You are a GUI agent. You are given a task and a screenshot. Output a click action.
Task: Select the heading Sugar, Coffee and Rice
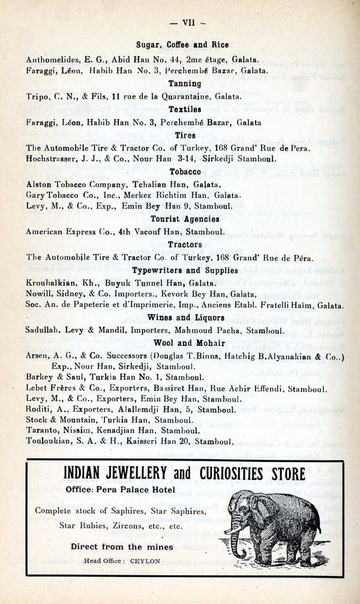point(182,45)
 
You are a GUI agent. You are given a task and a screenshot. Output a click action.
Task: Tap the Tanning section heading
point(184,84)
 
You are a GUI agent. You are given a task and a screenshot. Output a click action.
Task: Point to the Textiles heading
point(184,110)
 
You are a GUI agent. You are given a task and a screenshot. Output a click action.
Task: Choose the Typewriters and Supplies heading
point(184,271)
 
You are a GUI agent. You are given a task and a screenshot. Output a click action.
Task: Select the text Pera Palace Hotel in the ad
point(139,491)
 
